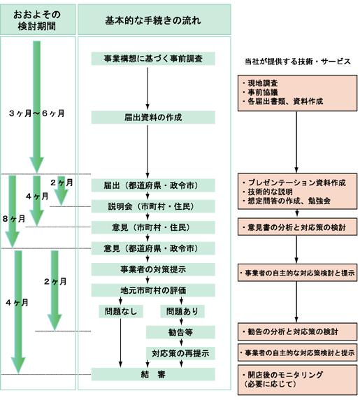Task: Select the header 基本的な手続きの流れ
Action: click(152, 20)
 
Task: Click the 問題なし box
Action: click(121, 310)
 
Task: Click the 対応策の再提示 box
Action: click(181, 353)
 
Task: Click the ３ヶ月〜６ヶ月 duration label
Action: click(36, 113)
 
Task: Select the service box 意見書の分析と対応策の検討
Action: click(296, 228)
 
